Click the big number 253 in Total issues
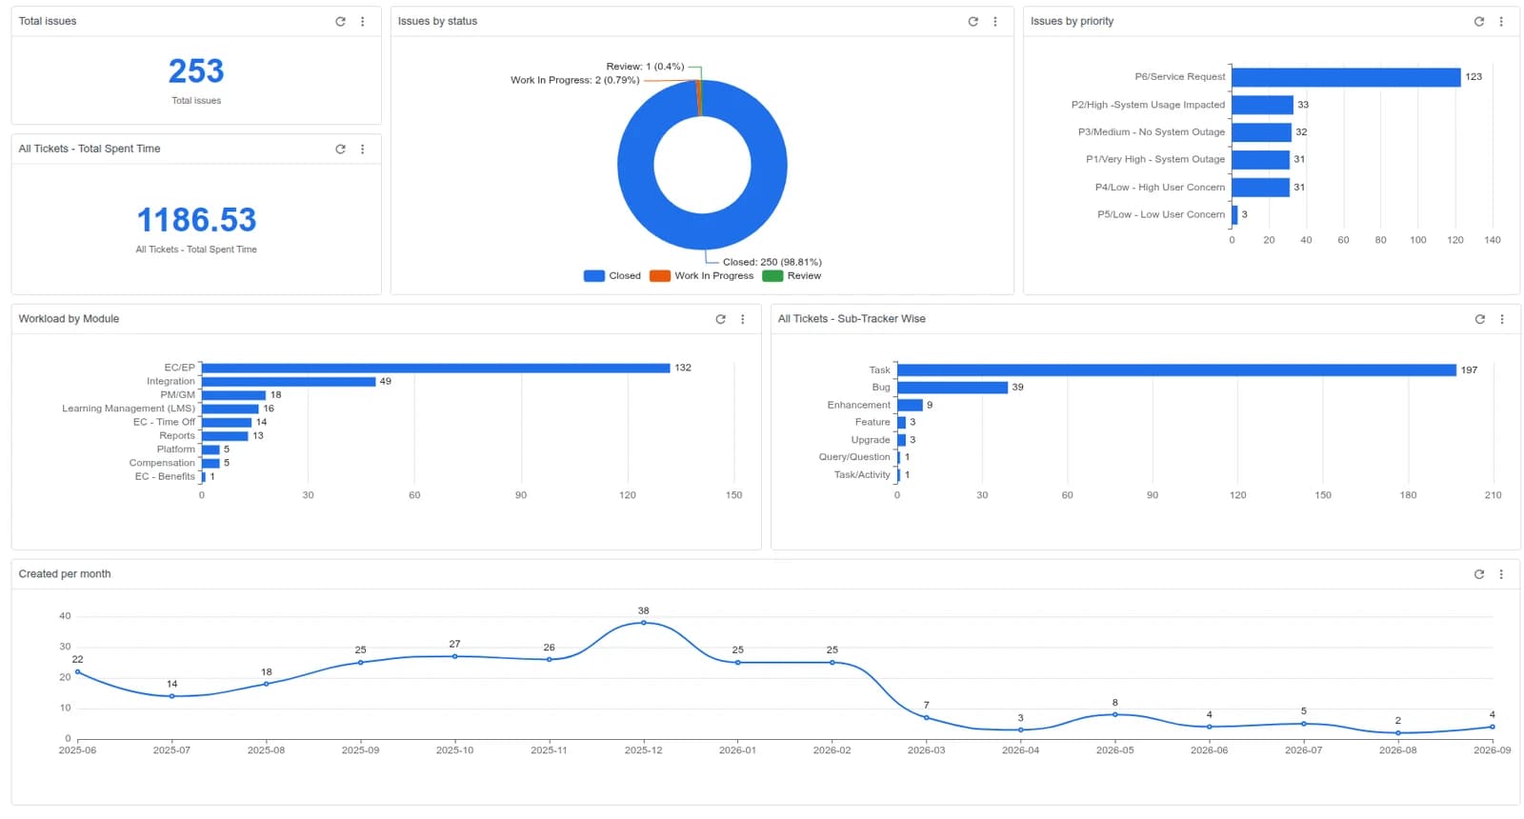pyautogui.click(x=196, y=71)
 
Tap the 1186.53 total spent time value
pyautogui.click(x=196, y=220)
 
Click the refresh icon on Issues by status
pyautogui.click(x=973, y=22)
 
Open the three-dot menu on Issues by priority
pyautogui.click(x=1501, y=22)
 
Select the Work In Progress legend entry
pyautogui.click(x=701, y=275)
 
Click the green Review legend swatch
pyautogui.click(x=772, y=275)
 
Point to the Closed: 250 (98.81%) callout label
pyautogui.click(x=772, y=262)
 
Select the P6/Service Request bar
pyautogui.click(x=1346, y=77)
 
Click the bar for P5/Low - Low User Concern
pyautogui.click(x=1234, y=214)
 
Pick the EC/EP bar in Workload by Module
pyautogui.click(x=435, y=368)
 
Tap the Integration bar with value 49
pyautogui.click(x=289, y=382)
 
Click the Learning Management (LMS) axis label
pyautogui.click(x=129, y=409)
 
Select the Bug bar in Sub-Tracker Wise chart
pyautogui.click(x=952, y=387)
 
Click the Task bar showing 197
pyautogui.click(x=1177, y=370)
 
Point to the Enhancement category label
pyautogui.click(x=858, y=405)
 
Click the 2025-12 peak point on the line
pyautogui.click(x=644, y=623)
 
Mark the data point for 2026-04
pyautogui.click(x=1020, y=729)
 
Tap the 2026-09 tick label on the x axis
pyautogui.click(x=1492, y=750)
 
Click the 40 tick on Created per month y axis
pyautogui.click(x=66, y=616)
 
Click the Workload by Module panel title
pyautogui.click(x=69, y=318)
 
